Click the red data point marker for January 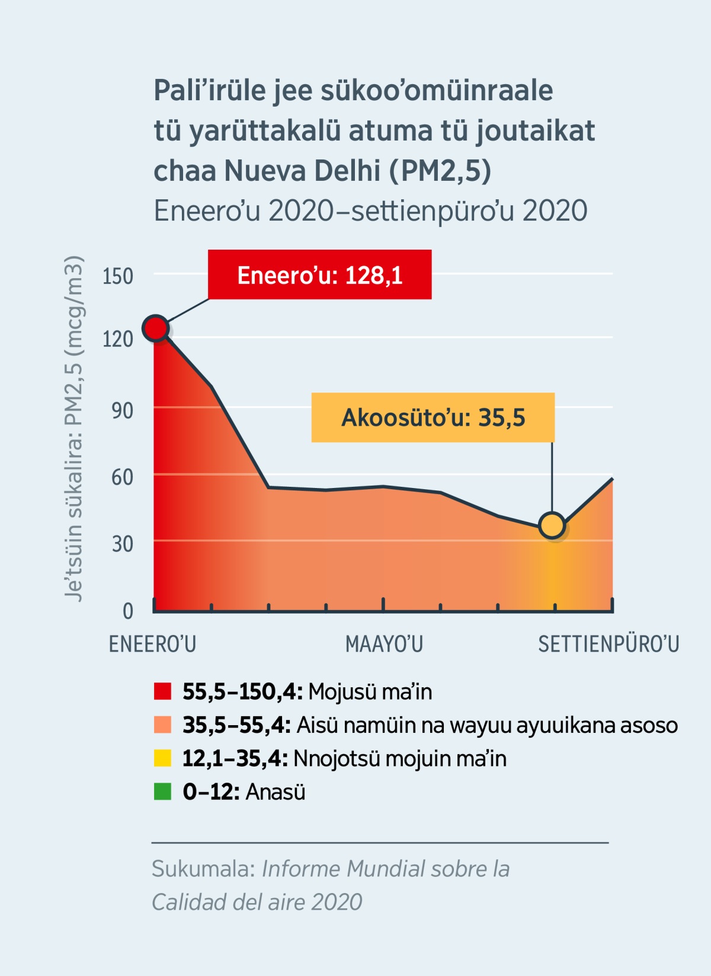point(156,328)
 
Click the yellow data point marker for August point(552,525)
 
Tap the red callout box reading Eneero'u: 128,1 point(319,275)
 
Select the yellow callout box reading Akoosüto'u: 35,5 point(433,417)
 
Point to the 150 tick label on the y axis point(118,276)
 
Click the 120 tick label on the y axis point(118,339)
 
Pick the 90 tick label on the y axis point(122,410)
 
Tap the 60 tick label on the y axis point(122,477)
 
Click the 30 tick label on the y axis point(122,544)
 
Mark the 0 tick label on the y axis point(127,611)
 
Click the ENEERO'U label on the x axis point(152,644)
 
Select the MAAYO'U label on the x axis point(384,644)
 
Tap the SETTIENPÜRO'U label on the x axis point(608,644)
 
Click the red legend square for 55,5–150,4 point(162,691)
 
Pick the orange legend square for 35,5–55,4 point(162,725)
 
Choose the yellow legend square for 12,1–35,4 point(162,758)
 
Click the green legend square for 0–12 point(162,792)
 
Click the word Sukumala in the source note point(203,869)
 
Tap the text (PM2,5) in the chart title point(440,171)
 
